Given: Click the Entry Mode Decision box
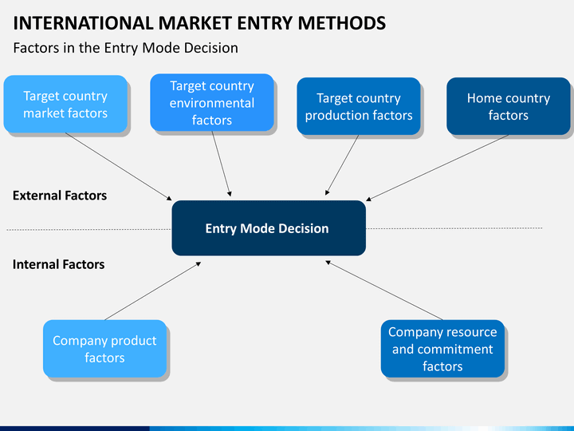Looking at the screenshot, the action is click(x=269, y=228).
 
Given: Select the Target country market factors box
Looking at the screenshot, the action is click(x=65, y=104).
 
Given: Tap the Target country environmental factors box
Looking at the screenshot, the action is click(x=212, y=103).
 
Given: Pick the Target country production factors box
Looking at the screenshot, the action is click(x=359, y=106).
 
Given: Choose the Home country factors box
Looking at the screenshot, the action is click(x=508, y=106).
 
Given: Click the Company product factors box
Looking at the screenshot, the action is click(x=104, y=349).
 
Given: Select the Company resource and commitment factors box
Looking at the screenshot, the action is click(x=442, y=349).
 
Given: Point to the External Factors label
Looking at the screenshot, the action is click(x=60, y=196).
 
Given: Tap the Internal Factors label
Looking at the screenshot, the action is click(x=58, y=264).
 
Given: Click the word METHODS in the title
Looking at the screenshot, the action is click(x=341, y=23).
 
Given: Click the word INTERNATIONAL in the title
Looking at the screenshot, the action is click(x=83, y=23).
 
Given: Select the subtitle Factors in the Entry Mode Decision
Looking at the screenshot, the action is click(x=126, y=48).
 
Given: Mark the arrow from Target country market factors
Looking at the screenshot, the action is click(x=119, y=166).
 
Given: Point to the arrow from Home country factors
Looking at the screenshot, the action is click(x=437, y=168).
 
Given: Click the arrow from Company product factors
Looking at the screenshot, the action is click(x=152, y=291).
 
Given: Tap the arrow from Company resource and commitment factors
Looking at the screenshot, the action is click(x=384, y=291).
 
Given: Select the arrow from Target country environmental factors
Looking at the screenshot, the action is click(x=222, y=164).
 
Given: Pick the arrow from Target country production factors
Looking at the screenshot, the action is click(x=342, y=165).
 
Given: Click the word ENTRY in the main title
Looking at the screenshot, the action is click(x=265, y=23).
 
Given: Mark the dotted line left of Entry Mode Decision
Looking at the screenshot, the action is click(x=89, y=230).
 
